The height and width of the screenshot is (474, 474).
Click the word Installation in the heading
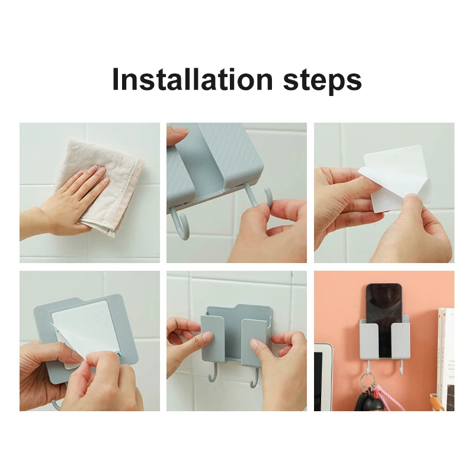[193, 79]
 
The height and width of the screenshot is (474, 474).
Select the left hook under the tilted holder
[181, 223]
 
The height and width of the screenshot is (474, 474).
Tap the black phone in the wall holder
[384, 315]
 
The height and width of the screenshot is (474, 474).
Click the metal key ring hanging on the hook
[368, 382]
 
